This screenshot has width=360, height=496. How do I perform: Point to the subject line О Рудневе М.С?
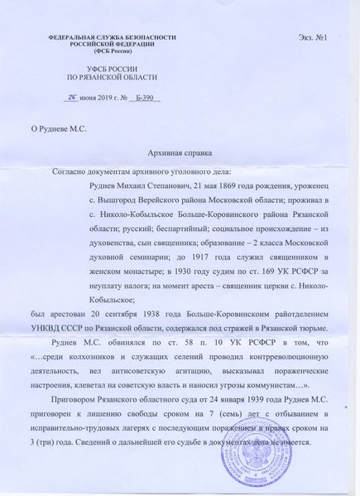(x=64, y=128)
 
